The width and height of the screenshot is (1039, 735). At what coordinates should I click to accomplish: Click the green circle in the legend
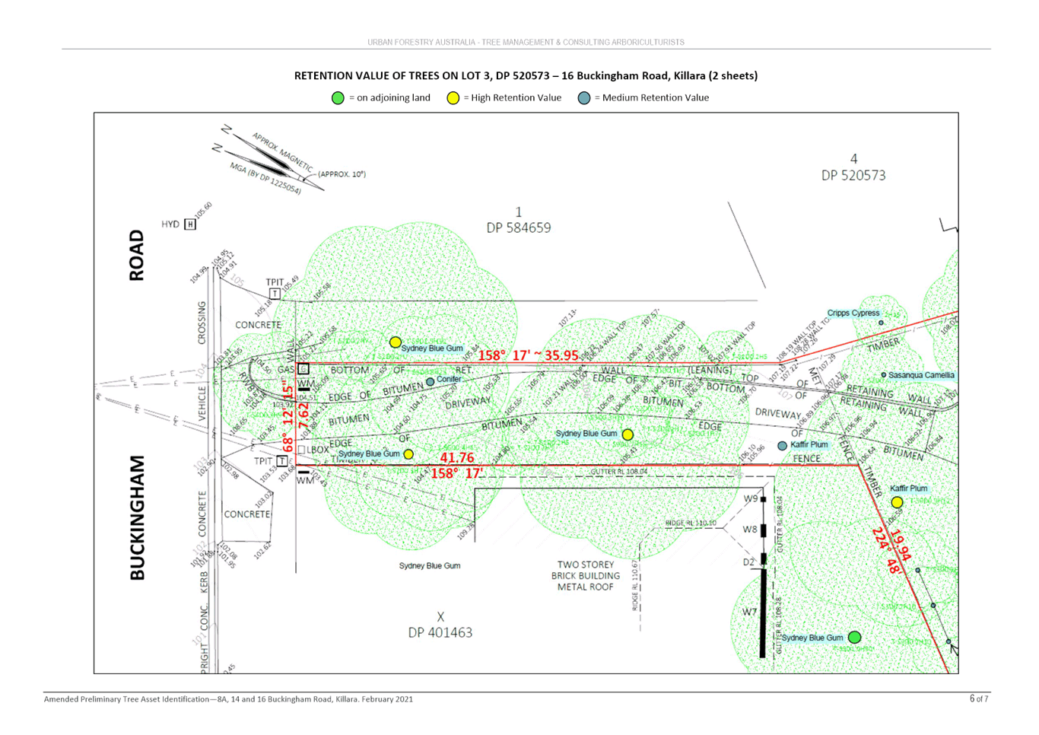coord(338,98)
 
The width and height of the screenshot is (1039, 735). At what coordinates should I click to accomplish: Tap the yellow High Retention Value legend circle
coord(453,98)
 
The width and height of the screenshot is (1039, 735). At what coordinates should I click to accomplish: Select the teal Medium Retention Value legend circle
coord(584,98)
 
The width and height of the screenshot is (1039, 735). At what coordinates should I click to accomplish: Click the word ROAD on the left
coord(137,256)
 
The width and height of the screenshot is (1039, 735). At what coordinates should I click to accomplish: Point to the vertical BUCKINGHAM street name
coord(137,518)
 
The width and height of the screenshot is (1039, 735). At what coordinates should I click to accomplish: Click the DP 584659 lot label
coord(519,228)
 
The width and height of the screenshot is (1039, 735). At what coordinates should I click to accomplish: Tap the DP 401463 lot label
coord(440,632)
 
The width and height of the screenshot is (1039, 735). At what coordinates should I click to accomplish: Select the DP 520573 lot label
coord(855,175)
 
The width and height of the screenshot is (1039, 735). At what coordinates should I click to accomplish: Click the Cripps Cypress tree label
coord(853,313)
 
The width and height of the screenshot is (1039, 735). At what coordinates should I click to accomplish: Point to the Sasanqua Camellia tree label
coord(921,375)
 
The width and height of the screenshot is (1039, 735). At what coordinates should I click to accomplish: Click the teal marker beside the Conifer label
coord(430,382)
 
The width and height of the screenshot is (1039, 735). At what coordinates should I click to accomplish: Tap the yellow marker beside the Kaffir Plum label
coord(897,502)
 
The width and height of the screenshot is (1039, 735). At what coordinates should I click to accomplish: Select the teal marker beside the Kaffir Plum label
coord(782,446)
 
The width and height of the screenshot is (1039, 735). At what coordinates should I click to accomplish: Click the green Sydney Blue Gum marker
coord(854,637)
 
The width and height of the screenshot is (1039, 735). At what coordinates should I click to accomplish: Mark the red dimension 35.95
coord(561,355)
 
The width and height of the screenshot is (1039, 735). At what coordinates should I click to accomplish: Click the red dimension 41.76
coord(456,457)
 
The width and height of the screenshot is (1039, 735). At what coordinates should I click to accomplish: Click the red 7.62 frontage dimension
coord(303,415)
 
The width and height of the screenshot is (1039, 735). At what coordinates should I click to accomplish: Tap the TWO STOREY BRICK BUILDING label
coord(586,575)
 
